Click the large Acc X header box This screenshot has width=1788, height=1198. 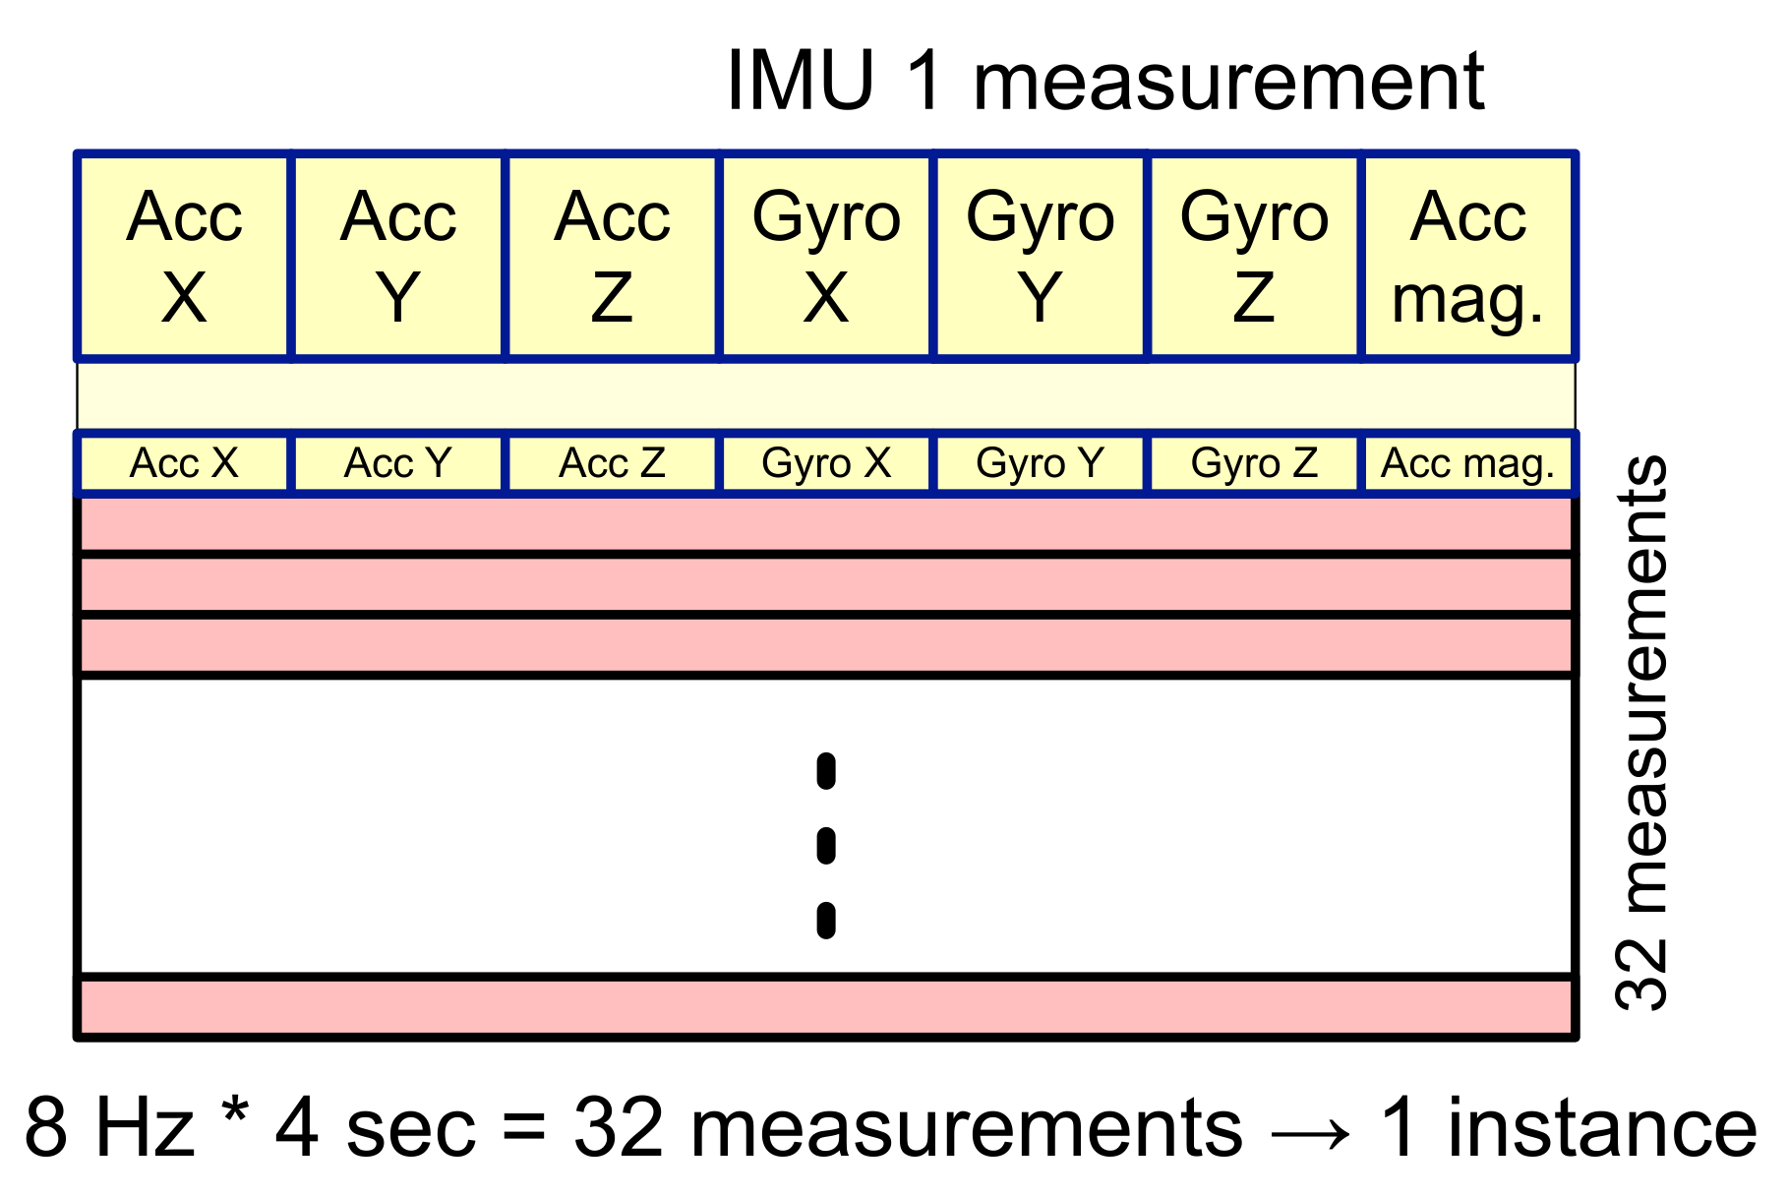click(x=184, y=257)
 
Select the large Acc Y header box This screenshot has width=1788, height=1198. click(x=398, y=257)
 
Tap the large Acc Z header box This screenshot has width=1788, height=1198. click(x=612, y=257)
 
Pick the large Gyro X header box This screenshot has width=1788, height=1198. click(x=826, y=257)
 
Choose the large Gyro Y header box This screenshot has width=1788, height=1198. click(x=1041, y=257)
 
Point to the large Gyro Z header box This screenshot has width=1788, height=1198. click(x=1254, y=257)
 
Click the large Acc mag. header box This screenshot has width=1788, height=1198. click(x=1468, y=257)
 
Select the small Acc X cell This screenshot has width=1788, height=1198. click(x=184, y=463)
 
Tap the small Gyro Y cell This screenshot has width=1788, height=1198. click(x=1041, y=463)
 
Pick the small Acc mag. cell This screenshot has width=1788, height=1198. click(x=1468, y=463)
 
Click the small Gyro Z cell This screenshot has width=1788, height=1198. click(x=1254, y=463)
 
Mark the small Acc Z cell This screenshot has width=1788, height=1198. click(x=612, y=463)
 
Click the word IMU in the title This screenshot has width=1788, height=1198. click(x=800, y=81)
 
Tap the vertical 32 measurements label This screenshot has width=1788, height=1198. click(x=1641, y=733)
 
